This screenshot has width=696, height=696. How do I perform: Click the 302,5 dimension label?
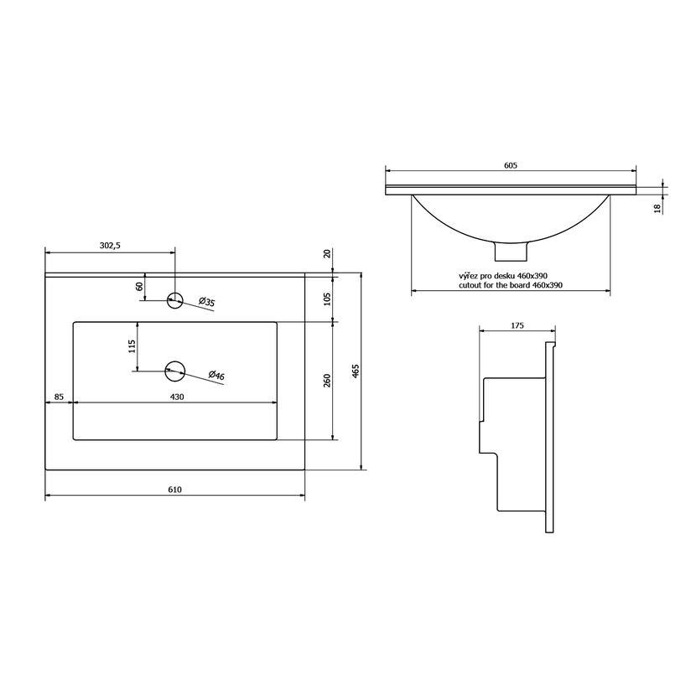(110, 246)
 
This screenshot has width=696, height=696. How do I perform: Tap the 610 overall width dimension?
(175, 490)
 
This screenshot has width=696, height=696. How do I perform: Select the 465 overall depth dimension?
(356, 371)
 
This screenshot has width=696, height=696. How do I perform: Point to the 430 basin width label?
(177, 397)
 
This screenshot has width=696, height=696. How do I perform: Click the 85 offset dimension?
(59, 397)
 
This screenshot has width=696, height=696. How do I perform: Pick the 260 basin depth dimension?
(327, 381)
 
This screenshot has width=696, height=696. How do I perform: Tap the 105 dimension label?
(327, 299)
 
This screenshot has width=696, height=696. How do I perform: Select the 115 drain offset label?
(132, 345)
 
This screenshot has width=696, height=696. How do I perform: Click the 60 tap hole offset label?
(139, 287)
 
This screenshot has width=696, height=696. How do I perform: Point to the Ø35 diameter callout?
(207, 302)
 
